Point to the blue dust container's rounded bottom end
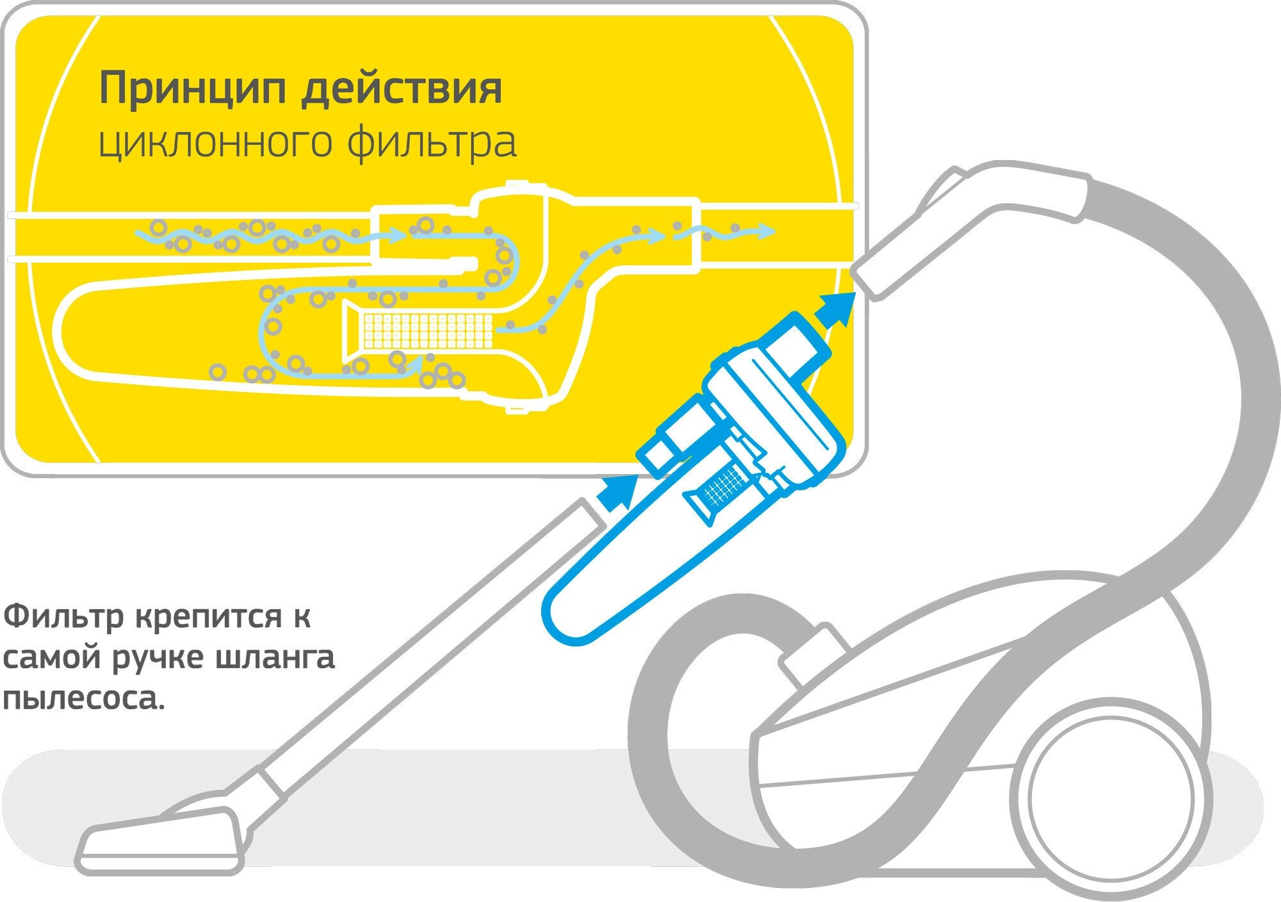tap(564, 619)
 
